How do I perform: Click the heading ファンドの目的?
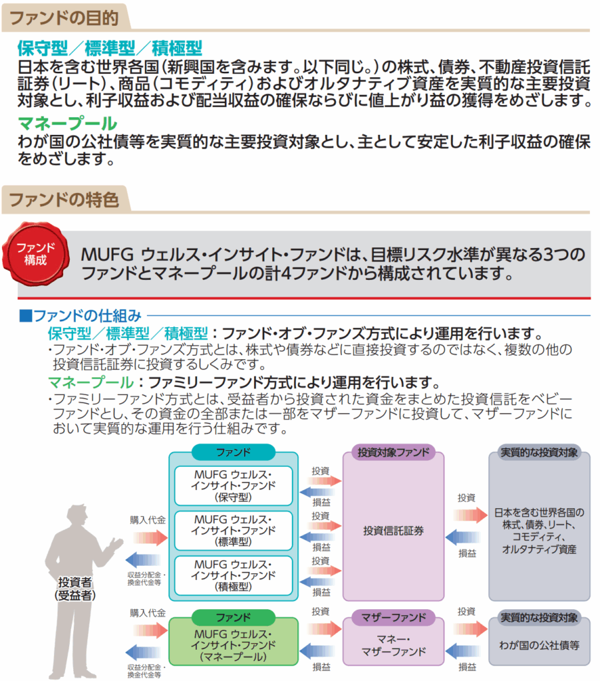[63, 16]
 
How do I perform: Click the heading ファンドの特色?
[63, 199]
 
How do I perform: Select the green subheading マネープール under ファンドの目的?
[67, 123]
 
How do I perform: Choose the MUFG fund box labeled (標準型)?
[233, 530]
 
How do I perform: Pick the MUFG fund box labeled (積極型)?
[233, 575]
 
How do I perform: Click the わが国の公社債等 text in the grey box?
[539, 644]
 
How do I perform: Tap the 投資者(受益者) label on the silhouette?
[74, 589]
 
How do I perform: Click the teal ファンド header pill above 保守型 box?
[233, 452]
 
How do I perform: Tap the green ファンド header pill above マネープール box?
[233, 617]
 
